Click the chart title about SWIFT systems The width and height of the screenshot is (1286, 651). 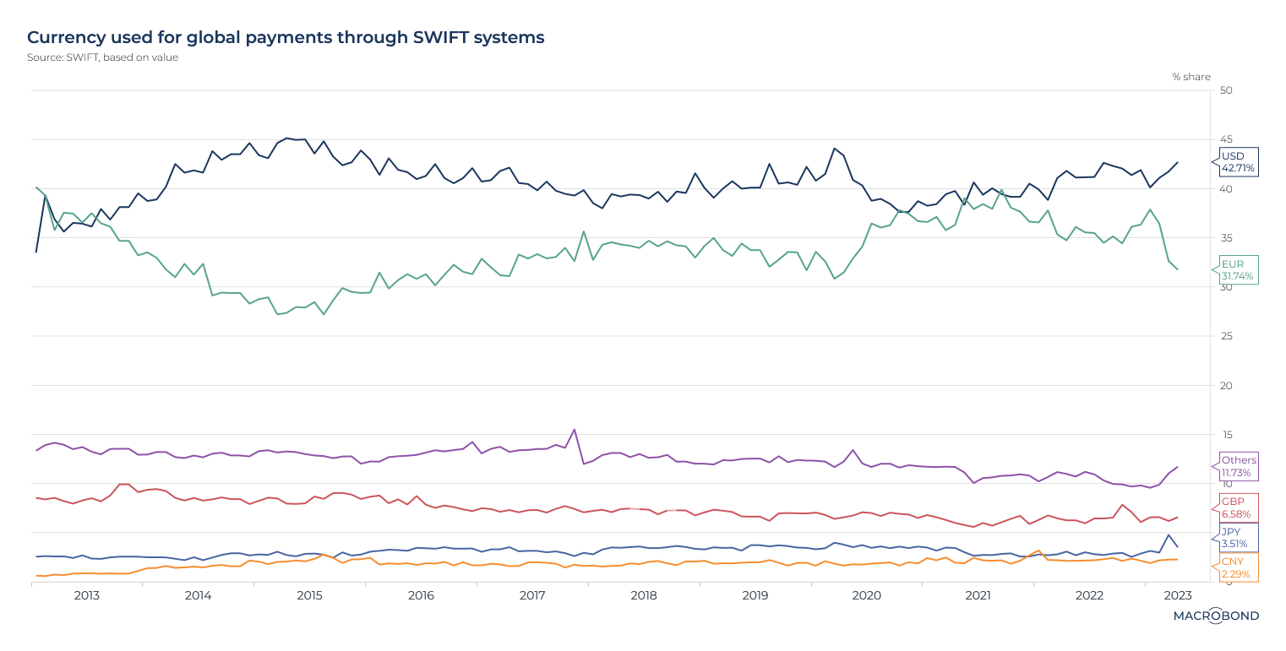point(286,37)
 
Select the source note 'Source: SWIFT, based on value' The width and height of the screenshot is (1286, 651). point(102,57)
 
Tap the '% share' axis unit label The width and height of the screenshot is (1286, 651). point(1191,77)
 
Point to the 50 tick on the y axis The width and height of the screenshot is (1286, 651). point(1227,90)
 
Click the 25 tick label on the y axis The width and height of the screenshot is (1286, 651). point(1227,337)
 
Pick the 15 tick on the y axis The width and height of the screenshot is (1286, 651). point(1227,435)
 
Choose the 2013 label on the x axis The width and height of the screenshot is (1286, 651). point(86,595)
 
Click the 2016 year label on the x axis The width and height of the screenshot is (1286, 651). point(421,595)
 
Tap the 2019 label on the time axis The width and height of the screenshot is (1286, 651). point(755,595)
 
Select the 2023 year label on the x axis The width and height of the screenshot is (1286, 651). point(1178,595)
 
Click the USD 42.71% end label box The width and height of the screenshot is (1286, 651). point(1238,162)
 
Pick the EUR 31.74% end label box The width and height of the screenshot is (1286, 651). point(1238,270)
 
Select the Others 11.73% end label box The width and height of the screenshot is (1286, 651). point(1239,466)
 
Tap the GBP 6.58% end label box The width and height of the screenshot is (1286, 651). point(1238,507)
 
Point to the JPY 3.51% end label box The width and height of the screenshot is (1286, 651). point(1238,538)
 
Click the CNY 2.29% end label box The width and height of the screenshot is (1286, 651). point(1238,568)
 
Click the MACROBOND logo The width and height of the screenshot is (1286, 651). point(1216,616)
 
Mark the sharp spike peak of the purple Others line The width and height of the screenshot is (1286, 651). point(575,430)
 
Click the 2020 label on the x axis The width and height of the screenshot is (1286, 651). point(866,595)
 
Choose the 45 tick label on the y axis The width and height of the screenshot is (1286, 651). point(1227,139)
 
